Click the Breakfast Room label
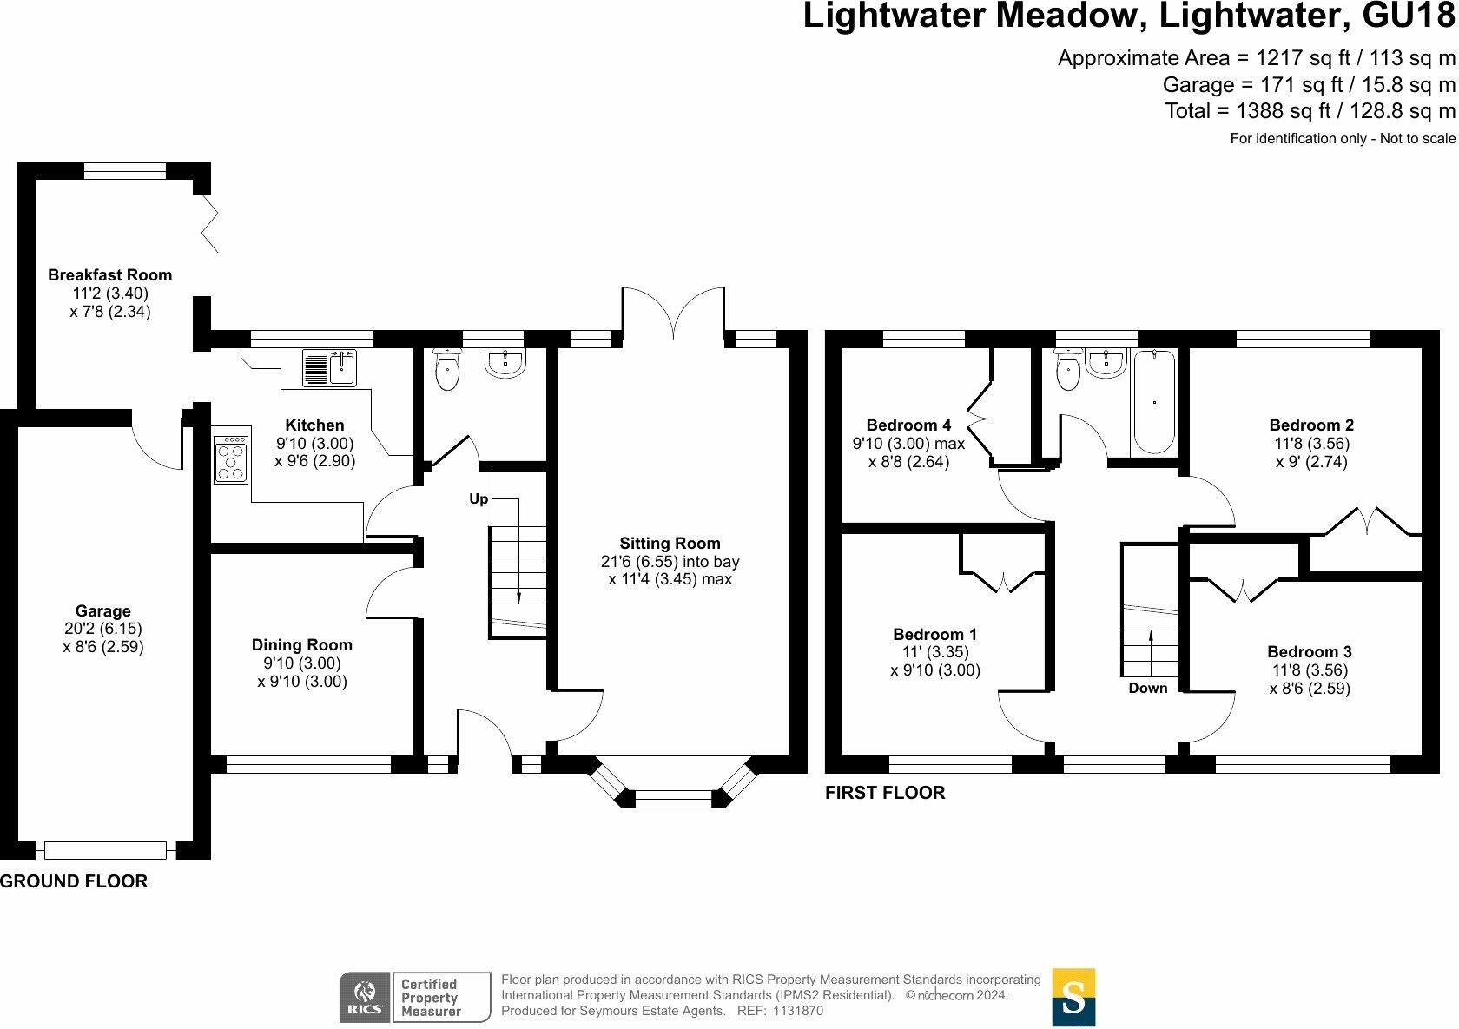coord(110,274)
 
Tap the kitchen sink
coord(330,368)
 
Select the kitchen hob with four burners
coord(231,459)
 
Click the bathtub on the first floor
coord(1154,401)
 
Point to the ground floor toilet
coord(446,369)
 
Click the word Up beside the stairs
coord(479,498)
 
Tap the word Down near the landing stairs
coord(1148,688)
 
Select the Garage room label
coord(102,611)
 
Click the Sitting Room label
coord(670,544)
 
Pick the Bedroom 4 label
coord(908,425)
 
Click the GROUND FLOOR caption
coord(74,881)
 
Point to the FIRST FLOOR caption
coord(885,793)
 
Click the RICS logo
coord(365,997)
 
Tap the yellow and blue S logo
coord(1073,997)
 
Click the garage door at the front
coord(106,850)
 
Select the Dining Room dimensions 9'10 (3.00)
coord(302,663)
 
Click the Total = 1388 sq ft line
coord(1310,111)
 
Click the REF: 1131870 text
coord(780,1011)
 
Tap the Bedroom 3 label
coord(1310,651)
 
